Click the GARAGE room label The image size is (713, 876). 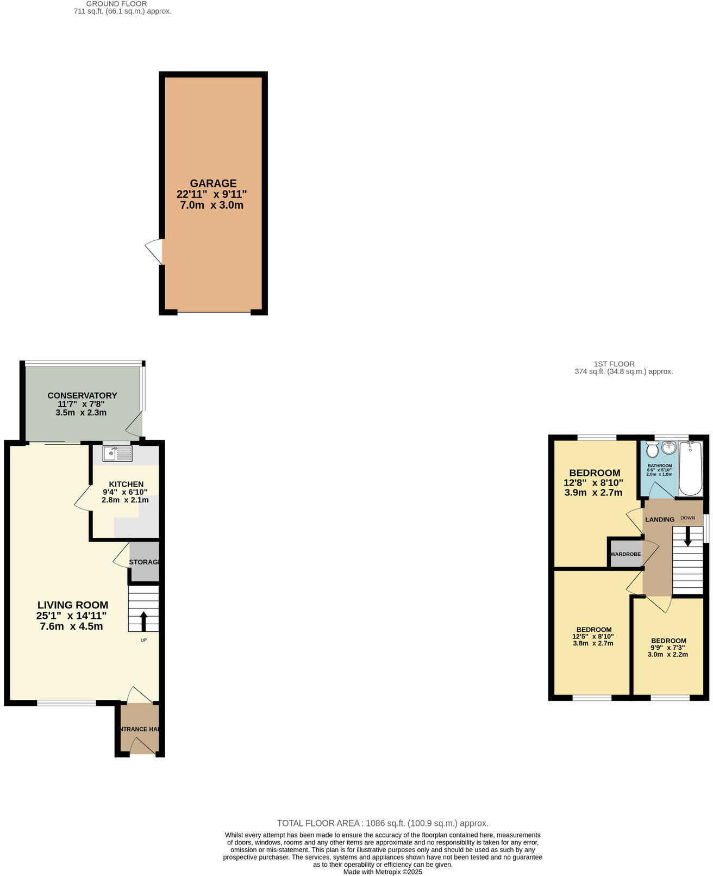pyautogui.click(x=213, y=184)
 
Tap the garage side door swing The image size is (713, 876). pyautogui.click(x=154, y=252)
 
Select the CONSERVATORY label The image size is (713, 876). pyautogui.click(x=82, y=395)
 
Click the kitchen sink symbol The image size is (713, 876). pyautogui.click(x=117, y=453)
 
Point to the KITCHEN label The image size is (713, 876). pyautogui.click(x=126, y=484)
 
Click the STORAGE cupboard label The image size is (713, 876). pyautogui.click(x=144, y=562)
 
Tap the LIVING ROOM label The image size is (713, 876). pyautogui.click(x=73, y=605)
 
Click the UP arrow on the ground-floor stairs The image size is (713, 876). pyautogui.click(x=143, y=620)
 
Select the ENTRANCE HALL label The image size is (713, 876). pyautogui.click(x=140, y=729)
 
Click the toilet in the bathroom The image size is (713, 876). pyautogui.click(x=652, y=449)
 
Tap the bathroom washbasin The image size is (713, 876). pyautogui.click(x=668, y=448)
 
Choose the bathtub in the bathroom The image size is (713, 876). pyautogui.click(x=690, y=468)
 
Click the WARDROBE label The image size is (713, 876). pyautogui.click(x=626, y=554)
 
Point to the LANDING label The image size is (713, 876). pyautogui.click(x=659, y=519)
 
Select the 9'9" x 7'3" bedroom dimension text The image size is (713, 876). pyautogui.click(x=668, y=648)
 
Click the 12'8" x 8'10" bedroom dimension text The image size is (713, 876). pyautogui.click(x=593, y=482)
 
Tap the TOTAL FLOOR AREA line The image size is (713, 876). pyautogui.click(x=383, y=823)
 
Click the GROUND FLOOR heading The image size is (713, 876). pyautogui.click(x=116, y=4)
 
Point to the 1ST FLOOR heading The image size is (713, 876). pyautogui.click(x=614, y=364)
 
